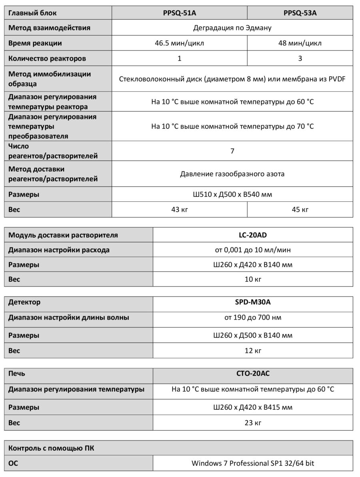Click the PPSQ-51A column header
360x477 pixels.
179,13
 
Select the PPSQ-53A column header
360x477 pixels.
300,13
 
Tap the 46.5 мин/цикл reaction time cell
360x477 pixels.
179,43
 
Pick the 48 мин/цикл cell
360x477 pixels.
300,43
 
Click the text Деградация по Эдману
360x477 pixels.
232,28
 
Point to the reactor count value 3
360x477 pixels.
300,58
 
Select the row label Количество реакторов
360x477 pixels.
47,58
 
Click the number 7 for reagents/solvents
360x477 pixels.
232,151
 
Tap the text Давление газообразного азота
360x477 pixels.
232,174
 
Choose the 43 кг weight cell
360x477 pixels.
179,210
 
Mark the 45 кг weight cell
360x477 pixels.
300,210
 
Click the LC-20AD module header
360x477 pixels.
253,235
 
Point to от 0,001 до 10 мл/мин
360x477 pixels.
253,250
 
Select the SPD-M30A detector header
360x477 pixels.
253,302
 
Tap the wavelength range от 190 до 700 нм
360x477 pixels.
253,318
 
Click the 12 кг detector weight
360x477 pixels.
253,351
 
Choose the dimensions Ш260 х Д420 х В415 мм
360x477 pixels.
253,407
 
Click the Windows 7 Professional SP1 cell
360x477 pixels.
253,463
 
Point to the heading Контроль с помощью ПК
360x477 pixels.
52,448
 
